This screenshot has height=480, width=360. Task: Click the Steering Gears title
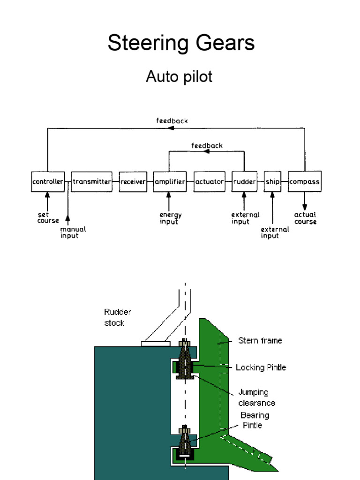click(181, 43)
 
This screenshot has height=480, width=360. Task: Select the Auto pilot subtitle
click(179, 76)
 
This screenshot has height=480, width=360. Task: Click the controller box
click(47, 181)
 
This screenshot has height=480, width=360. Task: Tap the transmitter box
click(92, 181)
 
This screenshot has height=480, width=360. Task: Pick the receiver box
click(133, 181)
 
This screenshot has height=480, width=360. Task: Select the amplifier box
click(169, 181)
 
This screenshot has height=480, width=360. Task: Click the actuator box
click(210, 181)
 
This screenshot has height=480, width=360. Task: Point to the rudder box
click(244, 181)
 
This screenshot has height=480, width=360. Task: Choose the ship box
click(272, 181)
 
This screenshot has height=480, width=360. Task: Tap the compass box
click(305, 181)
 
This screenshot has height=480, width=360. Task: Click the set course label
click(48, 217)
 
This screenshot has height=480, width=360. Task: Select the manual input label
click(73, 232)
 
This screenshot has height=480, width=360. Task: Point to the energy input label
click(171, 218)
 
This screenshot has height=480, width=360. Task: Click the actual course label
click(306, 218)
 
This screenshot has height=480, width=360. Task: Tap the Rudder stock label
click(117, 317)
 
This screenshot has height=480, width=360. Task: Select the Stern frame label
click(260, 341)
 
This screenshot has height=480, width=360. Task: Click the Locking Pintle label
click(261, 367)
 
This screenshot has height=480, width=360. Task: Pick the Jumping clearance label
click(256, 397)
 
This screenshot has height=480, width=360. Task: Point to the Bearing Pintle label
click(255, 420)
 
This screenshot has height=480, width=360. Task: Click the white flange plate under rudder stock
click(156, 344)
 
